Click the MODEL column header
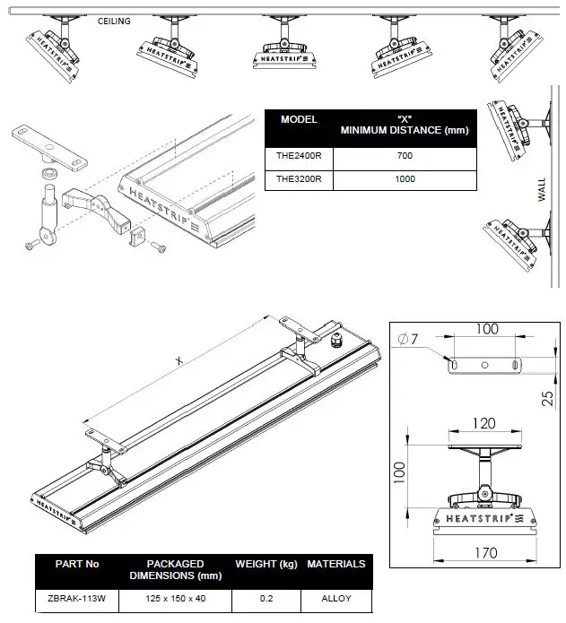tap(299, 119)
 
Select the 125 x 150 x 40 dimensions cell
tap(176, 598)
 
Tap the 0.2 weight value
tap(266, 598)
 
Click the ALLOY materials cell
tap(335, 598)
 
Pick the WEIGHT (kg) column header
tap(266, 564)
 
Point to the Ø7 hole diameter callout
tap(407, 338)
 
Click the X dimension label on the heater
tap(179, 360)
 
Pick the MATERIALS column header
tap(335, 564)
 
